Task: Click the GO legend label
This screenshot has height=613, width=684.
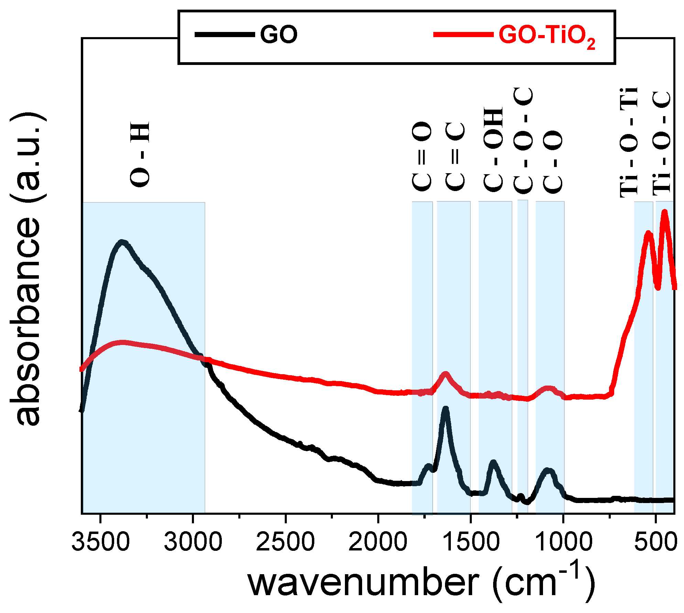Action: tap(279, 35)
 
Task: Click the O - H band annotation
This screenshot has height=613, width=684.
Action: tap(140, 155)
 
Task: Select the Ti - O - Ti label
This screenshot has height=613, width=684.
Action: tap(629, 143)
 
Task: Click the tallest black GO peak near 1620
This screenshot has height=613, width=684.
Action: tap(446, 409)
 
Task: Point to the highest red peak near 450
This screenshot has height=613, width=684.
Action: tap(664, 212)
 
